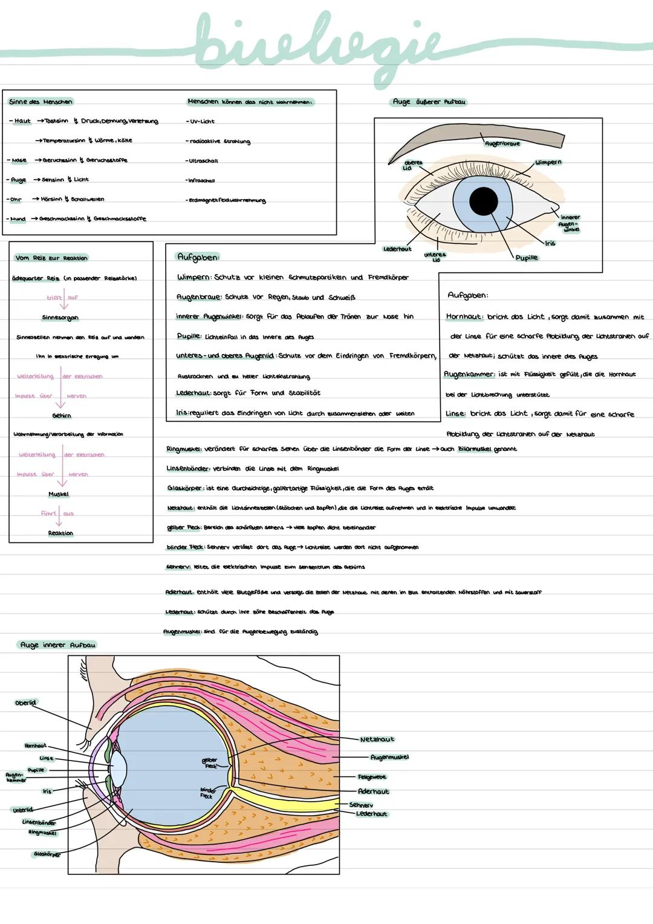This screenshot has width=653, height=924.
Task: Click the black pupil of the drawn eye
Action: [484, 201]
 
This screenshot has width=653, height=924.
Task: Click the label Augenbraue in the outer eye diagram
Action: [502, 143]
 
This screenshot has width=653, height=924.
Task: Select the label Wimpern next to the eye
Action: [548, 162]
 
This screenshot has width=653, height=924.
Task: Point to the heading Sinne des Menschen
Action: [41, 102]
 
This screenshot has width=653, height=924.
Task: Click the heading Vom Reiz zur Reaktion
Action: [51, 258]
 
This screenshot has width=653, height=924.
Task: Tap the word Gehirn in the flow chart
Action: [61, 416]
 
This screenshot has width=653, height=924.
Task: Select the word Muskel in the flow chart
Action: [59, 494]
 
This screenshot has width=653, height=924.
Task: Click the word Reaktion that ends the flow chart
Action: [60, 533]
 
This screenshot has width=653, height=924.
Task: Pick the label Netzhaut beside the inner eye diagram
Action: [377, 739]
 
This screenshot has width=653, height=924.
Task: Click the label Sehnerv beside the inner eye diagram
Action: [361, 805]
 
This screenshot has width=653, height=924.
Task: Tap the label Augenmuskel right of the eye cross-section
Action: [389, 757]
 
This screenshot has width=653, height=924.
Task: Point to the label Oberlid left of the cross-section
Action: [25, 703]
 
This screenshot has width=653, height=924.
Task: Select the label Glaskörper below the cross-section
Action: [47, 854]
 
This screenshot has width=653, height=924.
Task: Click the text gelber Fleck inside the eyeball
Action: [210, 762]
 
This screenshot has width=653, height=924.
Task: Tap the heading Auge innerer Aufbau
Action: [57, 645]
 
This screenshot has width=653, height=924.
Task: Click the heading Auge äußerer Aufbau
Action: [429, 102]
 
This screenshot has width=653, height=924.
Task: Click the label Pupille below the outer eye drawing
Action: [526, 258]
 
